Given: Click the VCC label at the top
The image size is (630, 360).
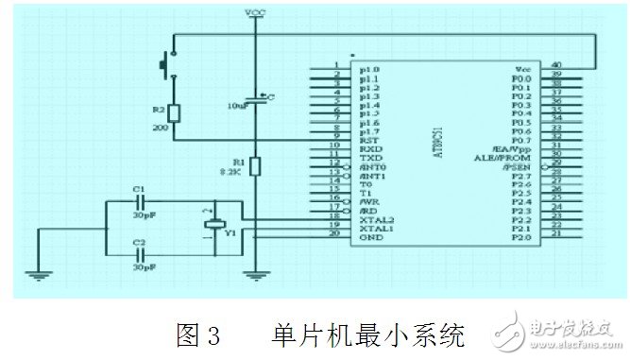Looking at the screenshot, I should (254, 12).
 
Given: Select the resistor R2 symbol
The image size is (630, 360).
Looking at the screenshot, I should (172, 114).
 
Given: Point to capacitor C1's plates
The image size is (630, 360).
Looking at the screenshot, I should (139, 201).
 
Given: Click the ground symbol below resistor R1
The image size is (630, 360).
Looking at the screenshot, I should (254, 276).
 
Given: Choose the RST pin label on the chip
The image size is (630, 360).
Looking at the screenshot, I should (369, 139).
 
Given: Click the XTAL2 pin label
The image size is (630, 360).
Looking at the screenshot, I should (375, 218).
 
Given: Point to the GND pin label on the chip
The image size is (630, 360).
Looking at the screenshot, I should (370, 236).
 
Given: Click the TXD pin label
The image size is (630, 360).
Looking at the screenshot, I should (369, 157).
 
